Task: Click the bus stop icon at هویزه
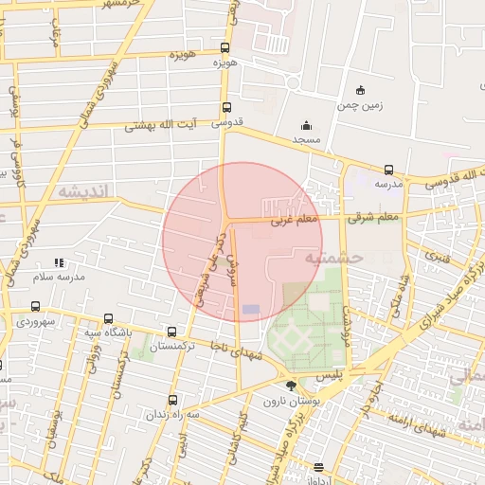tap(225, 47)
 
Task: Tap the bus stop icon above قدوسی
tap(225, 107)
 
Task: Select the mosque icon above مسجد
tap(306, 125)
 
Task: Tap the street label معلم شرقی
tap(376, 217)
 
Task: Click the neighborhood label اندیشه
tap(84, 192)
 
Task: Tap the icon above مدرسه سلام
tap(59, 262)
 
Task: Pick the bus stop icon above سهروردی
tap(36, 306)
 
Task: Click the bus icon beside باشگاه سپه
tap(108, 319)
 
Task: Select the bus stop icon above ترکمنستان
tap(171, 332)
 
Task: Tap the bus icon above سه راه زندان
tap(171, 400)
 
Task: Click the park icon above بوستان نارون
tap(291, 386)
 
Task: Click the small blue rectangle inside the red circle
tap(250, 309)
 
